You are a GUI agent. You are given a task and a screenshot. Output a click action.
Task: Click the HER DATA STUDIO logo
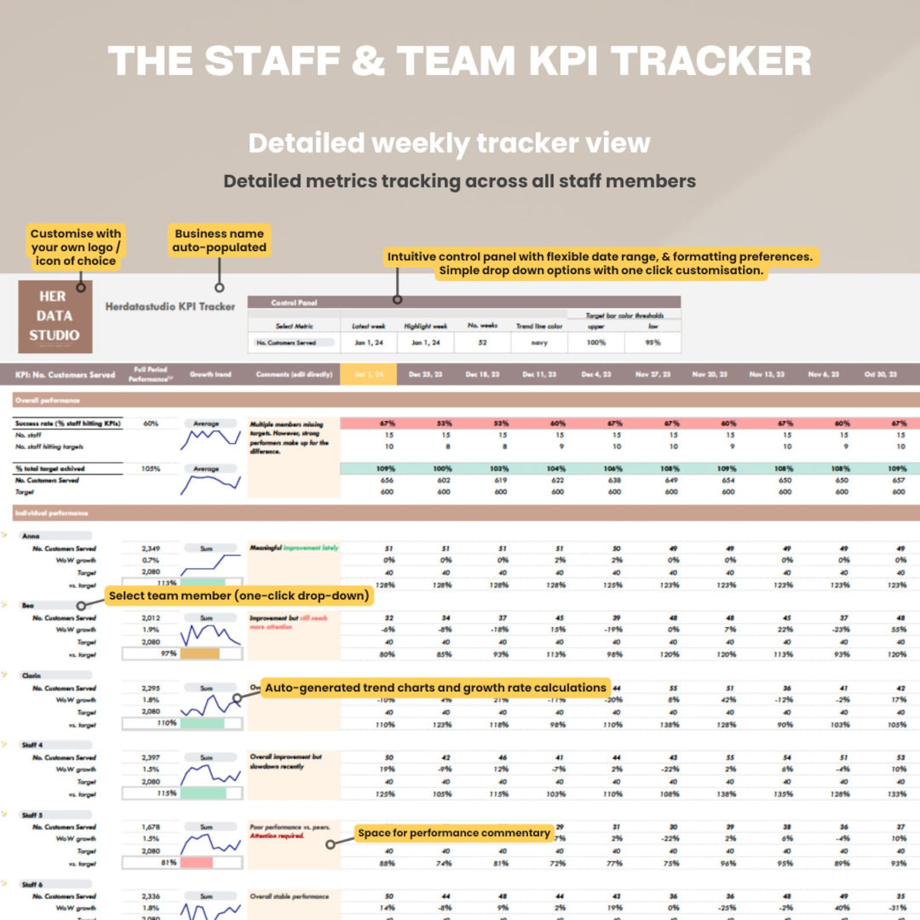(x=55, y=316)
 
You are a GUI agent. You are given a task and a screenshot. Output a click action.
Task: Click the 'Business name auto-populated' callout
(x=219, y=240)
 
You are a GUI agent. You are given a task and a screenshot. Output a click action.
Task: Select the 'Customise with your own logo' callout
(x=75, y=247)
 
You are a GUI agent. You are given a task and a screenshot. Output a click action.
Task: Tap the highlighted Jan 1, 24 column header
(x=368, y=374)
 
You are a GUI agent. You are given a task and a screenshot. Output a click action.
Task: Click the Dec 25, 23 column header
(x=425, y=374)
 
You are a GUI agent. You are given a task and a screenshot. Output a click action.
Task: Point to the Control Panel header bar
(x=463, y=302)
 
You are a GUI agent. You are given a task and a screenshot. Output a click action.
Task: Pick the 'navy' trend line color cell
(x=539, y=342)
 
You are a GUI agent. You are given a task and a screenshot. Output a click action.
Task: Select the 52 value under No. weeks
(x=482, y=342)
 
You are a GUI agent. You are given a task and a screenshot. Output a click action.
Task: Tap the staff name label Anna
(x=31, y=536)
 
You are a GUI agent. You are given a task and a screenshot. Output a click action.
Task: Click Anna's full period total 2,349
(x=151, y=548)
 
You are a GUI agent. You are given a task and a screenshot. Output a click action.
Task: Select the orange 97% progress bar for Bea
(x=200, y=654)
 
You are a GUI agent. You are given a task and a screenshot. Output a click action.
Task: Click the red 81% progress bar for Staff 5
(x=196, y=863)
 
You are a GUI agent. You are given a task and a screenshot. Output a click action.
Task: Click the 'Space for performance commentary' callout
(x=454, y=833)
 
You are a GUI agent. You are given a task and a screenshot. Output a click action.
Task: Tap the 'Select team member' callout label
(x=239, y=596)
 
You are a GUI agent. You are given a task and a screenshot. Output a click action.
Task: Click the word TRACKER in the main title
(x=711, y=61)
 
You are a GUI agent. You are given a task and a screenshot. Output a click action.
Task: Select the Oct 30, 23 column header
(x=880, y=374)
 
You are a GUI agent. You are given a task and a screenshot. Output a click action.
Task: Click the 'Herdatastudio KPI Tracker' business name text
(x=170, y=306)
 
